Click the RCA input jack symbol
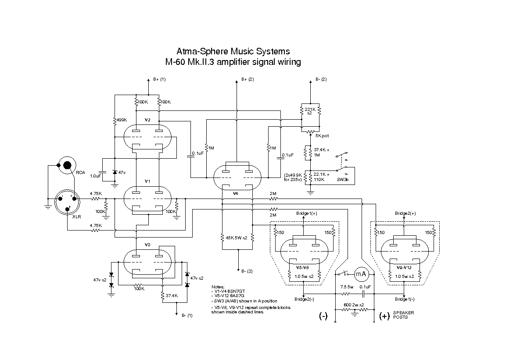click(67, 165)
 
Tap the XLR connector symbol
click(66, 202)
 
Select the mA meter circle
click(361, 274)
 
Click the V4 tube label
click(236, 193)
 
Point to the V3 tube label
click(147, 245)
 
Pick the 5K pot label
click(322, 136)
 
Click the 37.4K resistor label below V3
click(171, 296)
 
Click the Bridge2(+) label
click(405, 213)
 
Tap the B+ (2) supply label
click(248, 79)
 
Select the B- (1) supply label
click(187, 315)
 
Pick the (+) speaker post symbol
click(384, 316)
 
